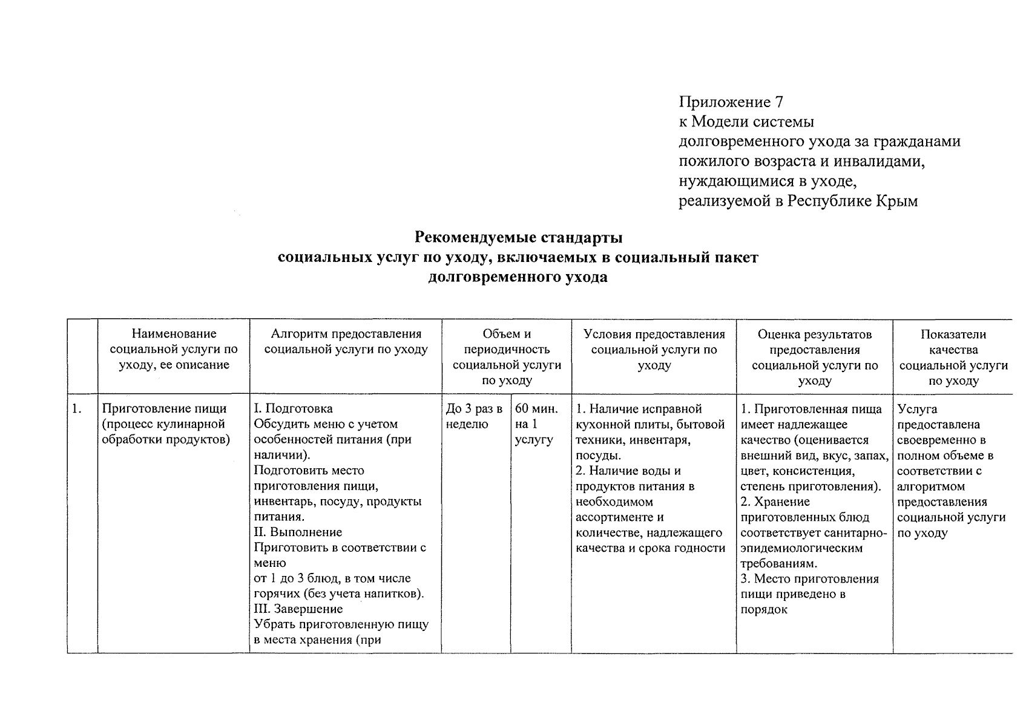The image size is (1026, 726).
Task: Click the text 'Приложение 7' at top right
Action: click(x=731, y=102)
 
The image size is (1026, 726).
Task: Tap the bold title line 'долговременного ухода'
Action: click(x=518, y=278)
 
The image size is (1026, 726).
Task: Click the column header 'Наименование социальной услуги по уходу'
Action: click(x=174, y=349)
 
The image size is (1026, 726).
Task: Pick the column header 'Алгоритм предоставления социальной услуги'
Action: click(x=346, y=341)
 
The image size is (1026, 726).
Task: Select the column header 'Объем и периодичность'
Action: click(x=507, y=356)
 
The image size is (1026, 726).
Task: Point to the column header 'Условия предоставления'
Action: click(x=654, y=349)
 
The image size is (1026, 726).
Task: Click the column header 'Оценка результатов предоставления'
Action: click(x=814, y=357)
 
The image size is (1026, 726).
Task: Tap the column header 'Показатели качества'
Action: click(x=953, y=357)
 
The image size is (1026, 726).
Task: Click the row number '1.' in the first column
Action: click(x=77, y=409)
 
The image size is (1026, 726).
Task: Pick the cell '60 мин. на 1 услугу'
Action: click(x=536, y=424)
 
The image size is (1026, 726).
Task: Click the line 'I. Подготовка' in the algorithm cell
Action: click(x=294, y=409)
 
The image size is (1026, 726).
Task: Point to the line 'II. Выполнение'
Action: click(x=298, y=532)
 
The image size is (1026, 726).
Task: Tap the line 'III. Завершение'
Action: click(x=298, y=609)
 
